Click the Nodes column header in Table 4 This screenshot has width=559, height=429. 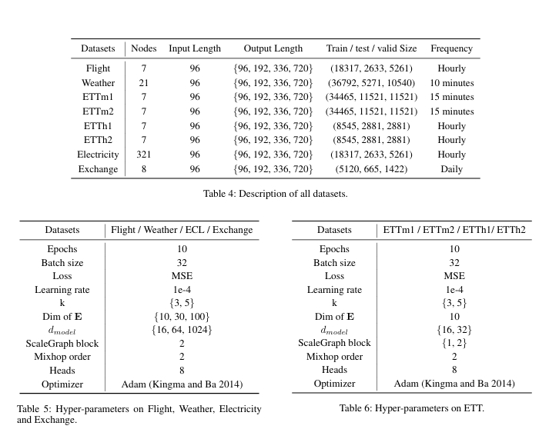pos(144,48)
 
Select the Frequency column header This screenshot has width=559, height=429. pos(451,48)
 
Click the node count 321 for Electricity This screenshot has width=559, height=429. pos(144,155)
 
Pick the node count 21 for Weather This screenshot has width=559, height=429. pos(144,82)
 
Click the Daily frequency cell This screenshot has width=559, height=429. pos(451,169)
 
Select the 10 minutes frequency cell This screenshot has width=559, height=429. pos(451,82)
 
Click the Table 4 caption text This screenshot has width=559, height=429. pos(275,194)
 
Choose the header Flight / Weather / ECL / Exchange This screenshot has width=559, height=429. pos(182,230)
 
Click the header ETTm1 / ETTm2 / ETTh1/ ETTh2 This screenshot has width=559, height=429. pos(454,230)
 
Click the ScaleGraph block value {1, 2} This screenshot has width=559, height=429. pos(454,343)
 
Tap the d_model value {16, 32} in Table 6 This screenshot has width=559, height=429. pos(454,330)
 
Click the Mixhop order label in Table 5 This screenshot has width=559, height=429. pos(62,357)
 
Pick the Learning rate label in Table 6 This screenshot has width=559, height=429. pos(334,289)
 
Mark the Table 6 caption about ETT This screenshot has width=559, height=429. pos(411,408)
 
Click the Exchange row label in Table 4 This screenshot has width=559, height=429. pos(99,169)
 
